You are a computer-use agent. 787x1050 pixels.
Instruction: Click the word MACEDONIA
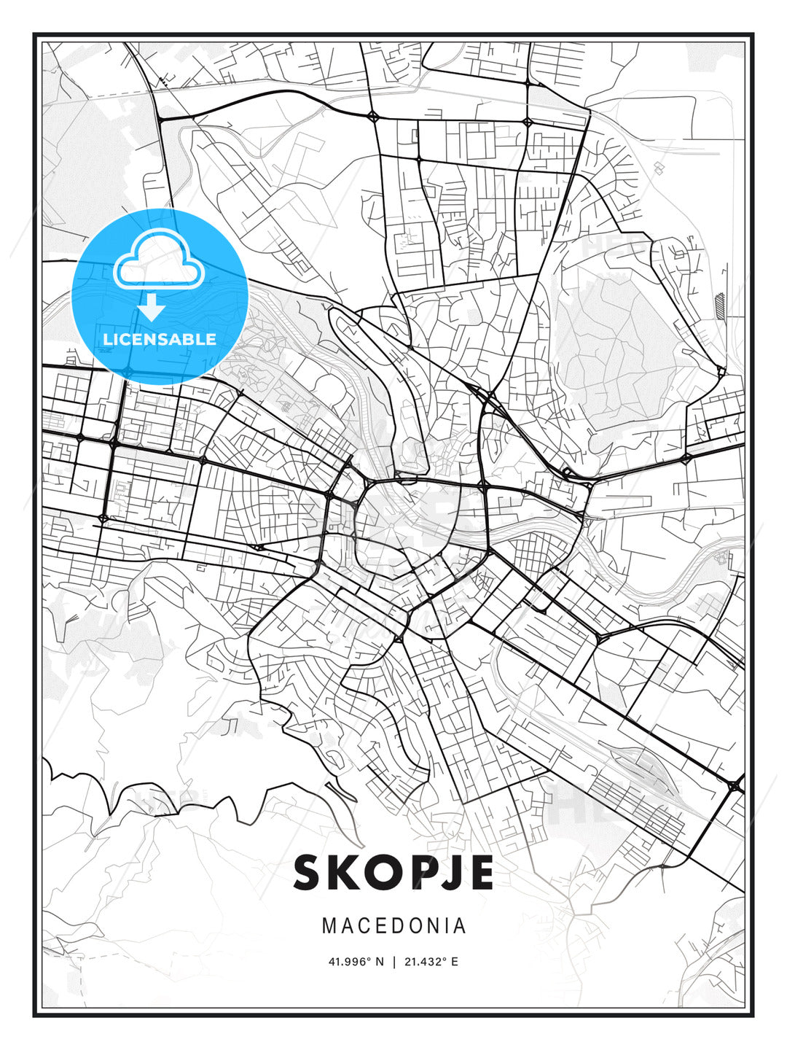point(393,925)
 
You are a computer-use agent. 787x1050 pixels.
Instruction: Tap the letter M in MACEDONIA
point(329,925)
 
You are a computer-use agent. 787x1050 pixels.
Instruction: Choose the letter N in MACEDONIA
point(433,925)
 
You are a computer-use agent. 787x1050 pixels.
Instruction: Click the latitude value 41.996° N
point(356,962)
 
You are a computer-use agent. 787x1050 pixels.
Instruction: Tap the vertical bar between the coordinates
point(394,962)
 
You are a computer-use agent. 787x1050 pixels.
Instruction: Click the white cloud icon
point(157,259)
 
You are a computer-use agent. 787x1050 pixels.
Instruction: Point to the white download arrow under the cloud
point(152,308)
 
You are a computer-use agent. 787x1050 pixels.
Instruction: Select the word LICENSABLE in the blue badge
point(160,339)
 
